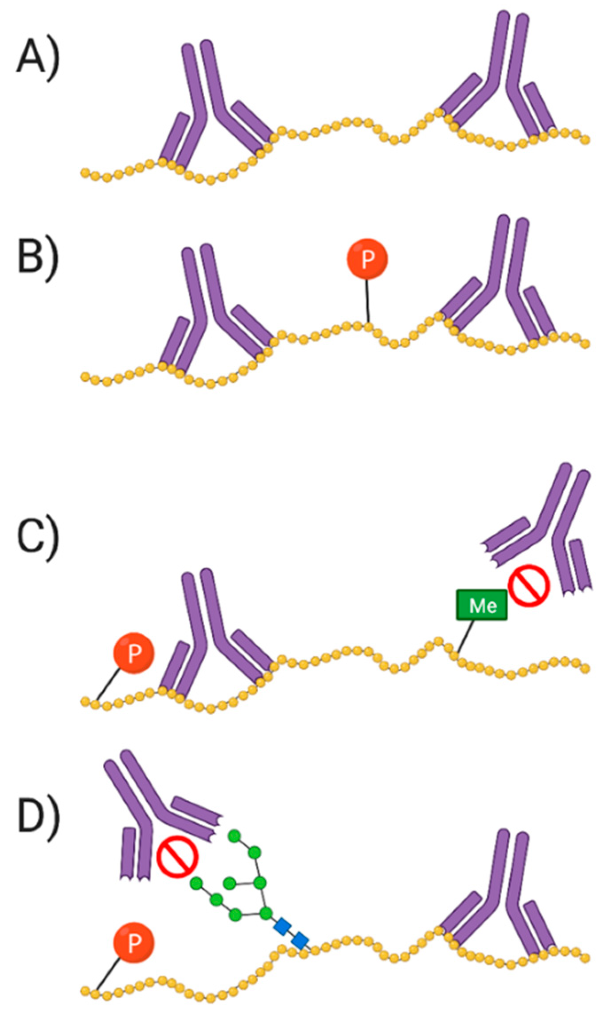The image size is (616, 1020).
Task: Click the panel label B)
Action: [38, 259]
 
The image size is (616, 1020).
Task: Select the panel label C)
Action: [38, 539]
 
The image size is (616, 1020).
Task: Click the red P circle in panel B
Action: [367, 259]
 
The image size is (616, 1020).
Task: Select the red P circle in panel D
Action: [134, 942]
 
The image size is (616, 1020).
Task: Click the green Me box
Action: [482, 605]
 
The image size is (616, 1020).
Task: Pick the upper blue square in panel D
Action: [282, 927]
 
